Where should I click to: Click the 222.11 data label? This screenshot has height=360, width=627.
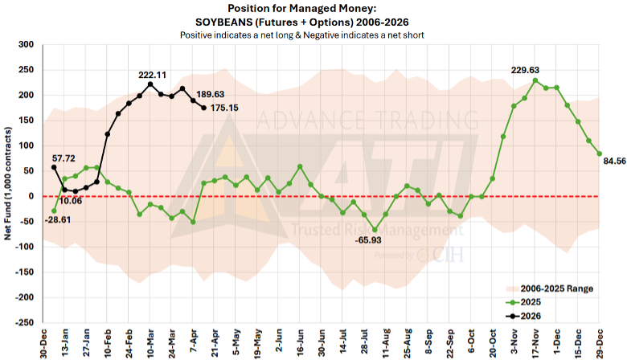click(152, 75)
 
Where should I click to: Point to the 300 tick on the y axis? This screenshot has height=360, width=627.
click(28, 45)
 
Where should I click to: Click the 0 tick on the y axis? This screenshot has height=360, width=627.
click(33, 196)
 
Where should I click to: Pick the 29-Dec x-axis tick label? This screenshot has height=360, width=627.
click(599, 341)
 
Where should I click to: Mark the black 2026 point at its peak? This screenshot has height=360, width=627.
click(150, 84)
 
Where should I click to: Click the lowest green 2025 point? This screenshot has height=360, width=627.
click(375, 229)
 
